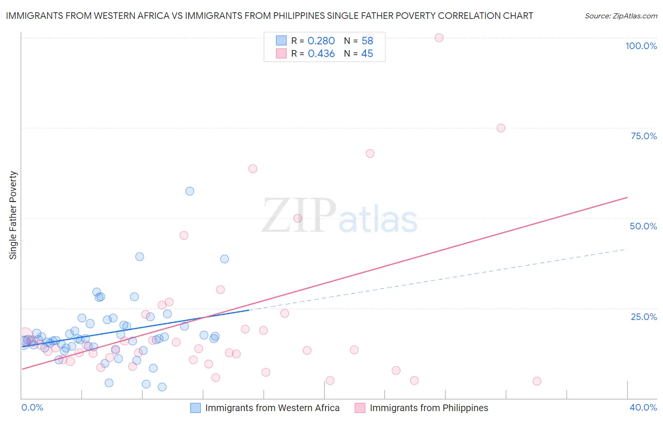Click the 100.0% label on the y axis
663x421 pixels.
[641, 46]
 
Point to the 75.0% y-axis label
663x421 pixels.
[644, 136]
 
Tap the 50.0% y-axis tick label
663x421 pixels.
[643, 226]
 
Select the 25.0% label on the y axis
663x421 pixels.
[644, 316]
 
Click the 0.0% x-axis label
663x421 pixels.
[32, 407]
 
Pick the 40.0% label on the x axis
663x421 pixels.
[643, 407]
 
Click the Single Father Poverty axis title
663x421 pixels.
[13, 215]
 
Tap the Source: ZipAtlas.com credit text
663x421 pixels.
[621, 16]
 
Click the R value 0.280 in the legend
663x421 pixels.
[321, 41]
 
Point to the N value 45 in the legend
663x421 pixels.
[367, 54]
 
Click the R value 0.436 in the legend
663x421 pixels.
[321, 54]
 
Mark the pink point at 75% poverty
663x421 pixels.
[501, 128]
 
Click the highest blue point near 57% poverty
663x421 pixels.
[190, 191]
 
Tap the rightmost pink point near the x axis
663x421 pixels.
[537, 381]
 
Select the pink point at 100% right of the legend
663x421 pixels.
[439, 38]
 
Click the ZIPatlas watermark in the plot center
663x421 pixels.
[340, 216]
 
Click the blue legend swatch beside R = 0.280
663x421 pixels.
[281, 41]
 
